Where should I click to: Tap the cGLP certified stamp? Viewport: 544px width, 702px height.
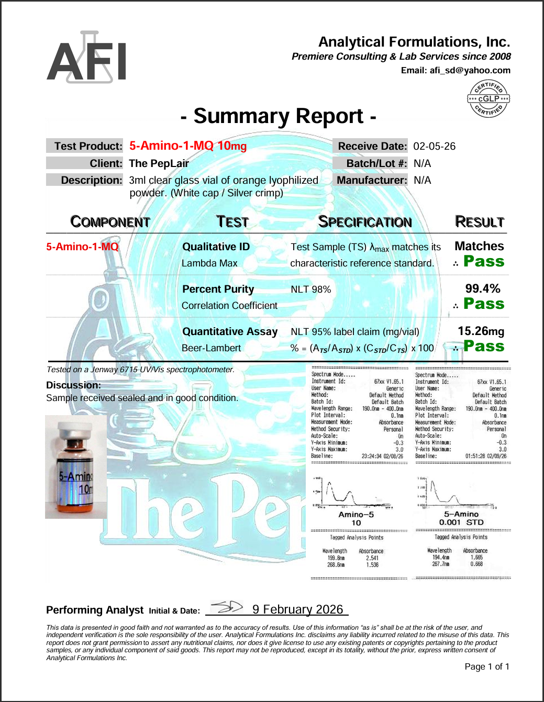(x=488, y=98)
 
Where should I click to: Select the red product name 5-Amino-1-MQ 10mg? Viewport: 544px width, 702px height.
(x=188, y=146)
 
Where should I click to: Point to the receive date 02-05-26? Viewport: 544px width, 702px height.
(x=434, y=146)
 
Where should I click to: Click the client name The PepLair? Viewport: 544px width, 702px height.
(x=159, y=163)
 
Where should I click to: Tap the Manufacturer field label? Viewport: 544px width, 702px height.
(x=371, y=180)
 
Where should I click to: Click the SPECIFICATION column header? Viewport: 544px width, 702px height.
(x=365, y=222)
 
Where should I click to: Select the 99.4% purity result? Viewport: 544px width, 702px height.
(x=483, y=288)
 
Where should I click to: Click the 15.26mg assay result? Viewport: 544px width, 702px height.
(x=481, y=331)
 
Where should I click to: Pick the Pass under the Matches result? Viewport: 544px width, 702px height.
(x=483, y=261)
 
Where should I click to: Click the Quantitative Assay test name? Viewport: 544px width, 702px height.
(x=230, y=331)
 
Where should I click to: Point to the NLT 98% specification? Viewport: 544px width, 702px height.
(x=310, y=289)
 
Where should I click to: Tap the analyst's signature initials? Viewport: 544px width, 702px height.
(x=227, y=607)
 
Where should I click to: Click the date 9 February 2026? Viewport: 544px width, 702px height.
(x=297, y=609)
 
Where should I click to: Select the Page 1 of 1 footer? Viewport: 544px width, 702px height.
(x=486, y=666)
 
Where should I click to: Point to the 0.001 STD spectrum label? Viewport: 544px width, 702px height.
(x=461, y=522)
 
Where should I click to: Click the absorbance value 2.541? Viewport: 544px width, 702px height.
(x=372, y=558)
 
